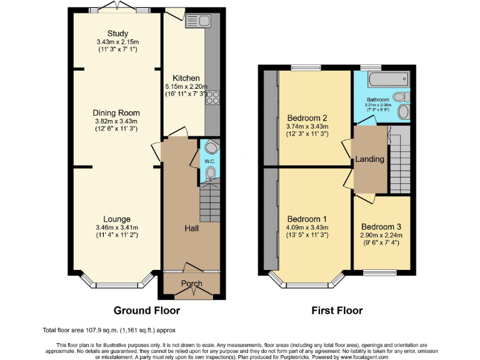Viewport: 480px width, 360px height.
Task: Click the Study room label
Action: tap(117, 34)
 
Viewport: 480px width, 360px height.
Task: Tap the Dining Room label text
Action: tap(116, 113)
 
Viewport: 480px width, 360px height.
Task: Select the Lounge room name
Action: tap(117, 219)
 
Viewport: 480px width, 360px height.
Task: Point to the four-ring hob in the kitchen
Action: tap(212, 97)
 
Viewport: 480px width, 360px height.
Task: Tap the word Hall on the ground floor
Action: tap(191, 229)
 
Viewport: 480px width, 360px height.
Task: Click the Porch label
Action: tap(192, 284)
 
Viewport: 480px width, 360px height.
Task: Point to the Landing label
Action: tap(369, 159)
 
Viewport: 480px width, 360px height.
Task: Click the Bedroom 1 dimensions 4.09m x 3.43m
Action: tap(307, 227)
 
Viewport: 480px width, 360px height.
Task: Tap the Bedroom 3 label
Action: tap(381, 226)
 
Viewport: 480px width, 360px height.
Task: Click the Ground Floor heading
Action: tap(147, 311)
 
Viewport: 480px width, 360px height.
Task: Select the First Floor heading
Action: tap(337, 311)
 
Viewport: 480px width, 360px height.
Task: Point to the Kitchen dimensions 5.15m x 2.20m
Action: tap(186, 87)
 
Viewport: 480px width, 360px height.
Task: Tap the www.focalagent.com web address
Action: tap(361, 357)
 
